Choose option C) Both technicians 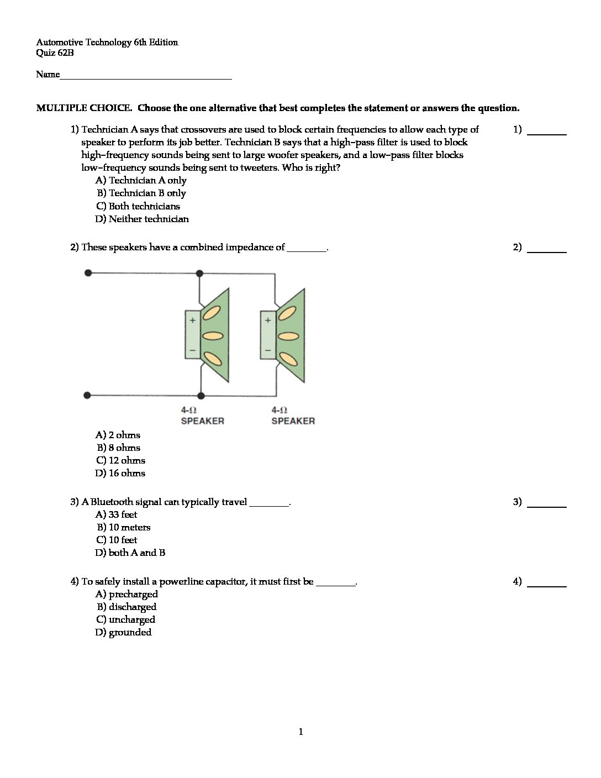click(138, 206)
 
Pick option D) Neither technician click(142, 219)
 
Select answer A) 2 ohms click(118, 435)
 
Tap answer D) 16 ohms click(120, 473)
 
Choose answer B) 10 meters click(123, 527)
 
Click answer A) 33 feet click(116, 514)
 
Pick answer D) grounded click(123, 632)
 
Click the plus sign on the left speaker click(193, 320)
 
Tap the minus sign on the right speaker click(268, 350)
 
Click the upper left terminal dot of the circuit click(88, 272)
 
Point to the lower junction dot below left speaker click(201, 396)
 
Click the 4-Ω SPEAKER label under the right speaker click(293, 416)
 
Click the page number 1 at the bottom click(300, 732)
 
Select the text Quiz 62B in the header click(55, 53)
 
